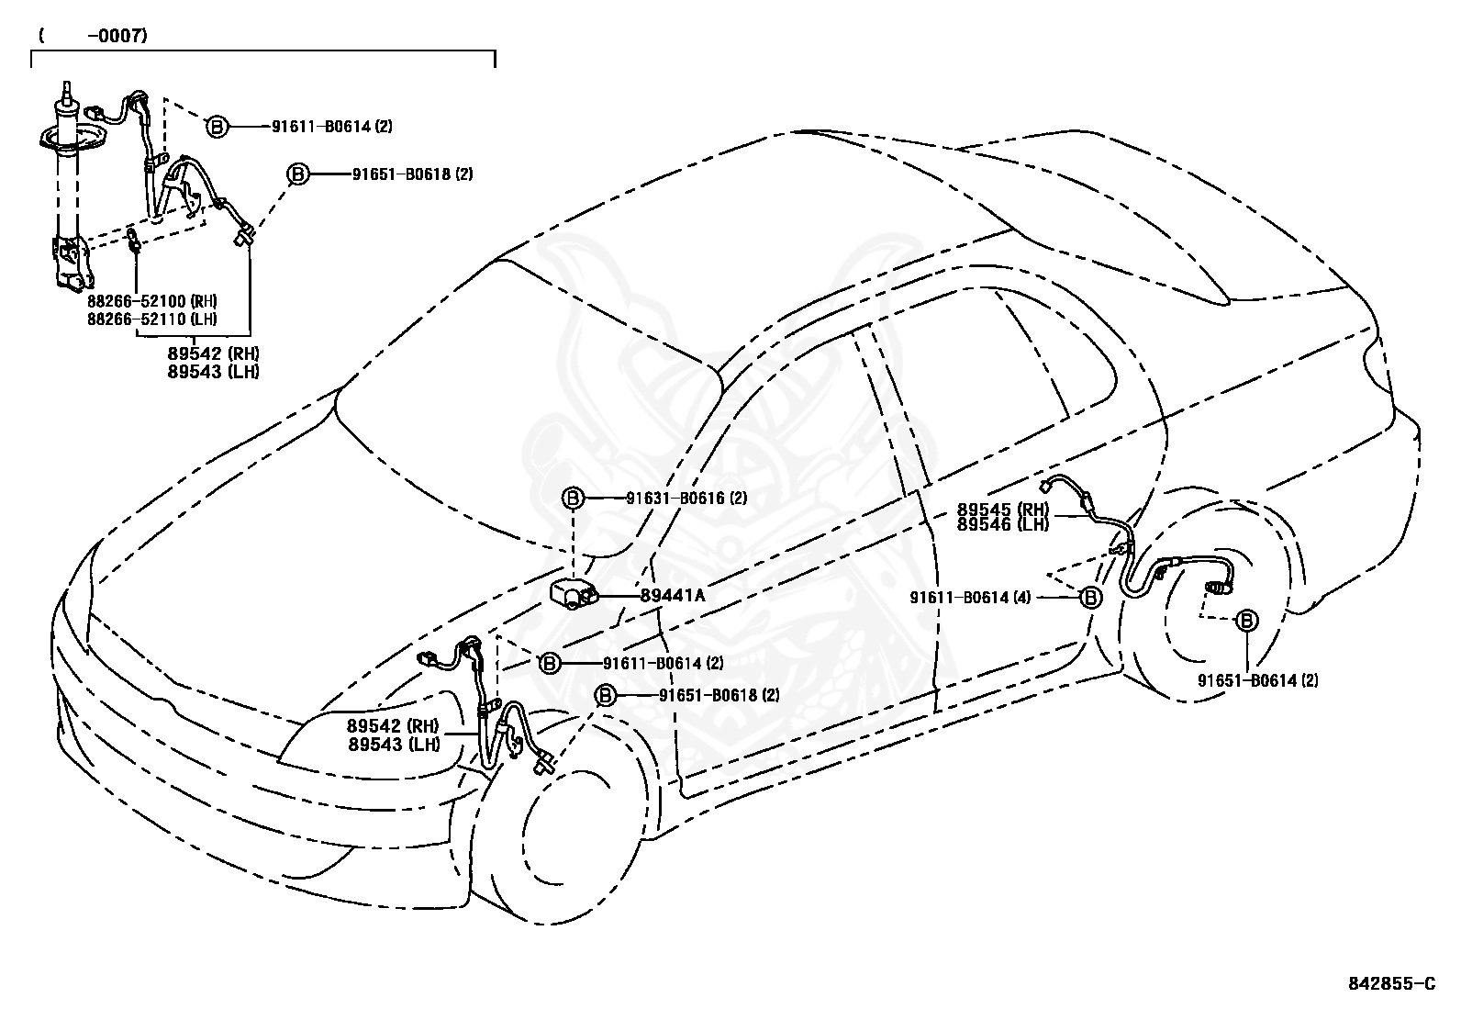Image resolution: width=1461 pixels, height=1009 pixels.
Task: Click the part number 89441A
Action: [673, 595]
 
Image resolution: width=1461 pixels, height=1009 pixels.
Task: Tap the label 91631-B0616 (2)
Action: [686, 498]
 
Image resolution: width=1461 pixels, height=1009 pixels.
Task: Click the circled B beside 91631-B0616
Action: [572, 498]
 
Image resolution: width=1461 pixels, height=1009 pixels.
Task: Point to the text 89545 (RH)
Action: [1003, 509]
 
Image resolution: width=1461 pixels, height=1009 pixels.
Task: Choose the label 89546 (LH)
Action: [1003, 525]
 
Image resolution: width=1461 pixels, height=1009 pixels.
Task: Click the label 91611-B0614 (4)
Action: [971, 597]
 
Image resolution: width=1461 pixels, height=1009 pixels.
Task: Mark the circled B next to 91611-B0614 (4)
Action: [1090, 597]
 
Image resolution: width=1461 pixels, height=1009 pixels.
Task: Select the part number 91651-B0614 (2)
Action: [1257, 680]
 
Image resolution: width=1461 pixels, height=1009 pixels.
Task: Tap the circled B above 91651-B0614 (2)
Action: [1246, 620]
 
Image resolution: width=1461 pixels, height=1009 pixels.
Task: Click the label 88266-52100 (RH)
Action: [152, 301]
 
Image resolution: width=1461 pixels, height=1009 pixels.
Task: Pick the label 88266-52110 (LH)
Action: [152, 320]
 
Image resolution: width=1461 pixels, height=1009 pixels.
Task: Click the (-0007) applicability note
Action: [94, 35]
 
